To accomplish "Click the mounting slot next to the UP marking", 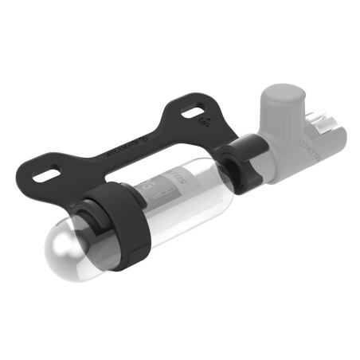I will (x=192, y=111).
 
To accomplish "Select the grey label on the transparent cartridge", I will (x=163, y=186).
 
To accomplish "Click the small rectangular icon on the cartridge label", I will (x=160, y=194).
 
